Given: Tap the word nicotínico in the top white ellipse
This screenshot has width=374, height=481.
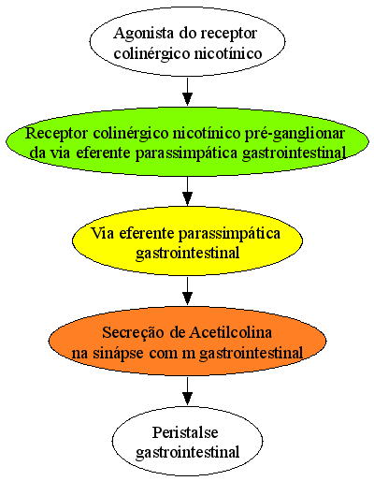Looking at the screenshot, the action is (228, 53).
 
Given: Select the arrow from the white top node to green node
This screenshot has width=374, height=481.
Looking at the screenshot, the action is (187, 92).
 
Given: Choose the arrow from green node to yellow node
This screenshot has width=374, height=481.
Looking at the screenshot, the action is (187, 191).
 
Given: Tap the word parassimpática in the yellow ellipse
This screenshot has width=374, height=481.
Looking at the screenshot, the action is (229, 234).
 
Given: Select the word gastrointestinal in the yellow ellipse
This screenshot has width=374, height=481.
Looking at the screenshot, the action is (188, 253).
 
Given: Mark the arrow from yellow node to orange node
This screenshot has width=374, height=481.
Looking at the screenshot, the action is (187, 291).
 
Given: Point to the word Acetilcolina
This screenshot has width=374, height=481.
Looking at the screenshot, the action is (231, 332).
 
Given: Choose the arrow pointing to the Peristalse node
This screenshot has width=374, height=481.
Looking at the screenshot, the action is (187, 391).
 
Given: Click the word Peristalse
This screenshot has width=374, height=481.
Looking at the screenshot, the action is (185, 432).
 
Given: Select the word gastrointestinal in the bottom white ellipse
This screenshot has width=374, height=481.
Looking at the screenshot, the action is (188, 452).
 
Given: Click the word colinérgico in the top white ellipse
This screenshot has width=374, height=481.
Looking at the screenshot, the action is (151, 53).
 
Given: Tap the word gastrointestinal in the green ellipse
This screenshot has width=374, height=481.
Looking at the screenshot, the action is (294, 153).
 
